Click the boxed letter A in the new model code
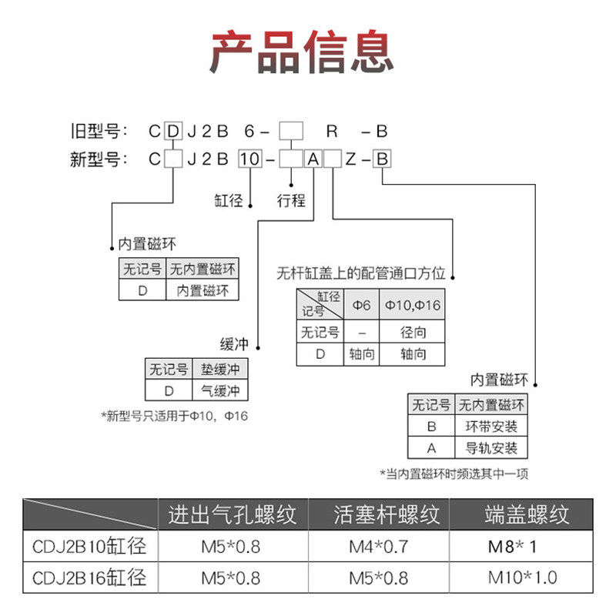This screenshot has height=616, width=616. click(x=313, y=159)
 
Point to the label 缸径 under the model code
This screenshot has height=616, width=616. click(x=229, y=201)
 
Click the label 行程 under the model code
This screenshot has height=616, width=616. click(x=291, y=201)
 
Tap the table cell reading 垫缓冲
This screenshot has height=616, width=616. click(x=220, y=369)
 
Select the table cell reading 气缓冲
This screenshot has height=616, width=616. click(x=220, y=390)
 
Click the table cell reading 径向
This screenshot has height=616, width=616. click(x=413, y=333)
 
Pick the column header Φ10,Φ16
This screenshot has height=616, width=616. click(x=413, y=305)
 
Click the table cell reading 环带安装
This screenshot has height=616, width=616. click(x=491, y=426)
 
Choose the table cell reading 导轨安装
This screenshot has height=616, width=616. click(x=491, y=447)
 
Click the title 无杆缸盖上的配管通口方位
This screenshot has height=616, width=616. click(x=362, y=273)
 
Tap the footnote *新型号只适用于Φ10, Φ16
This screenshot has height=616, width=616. click(x=175, y=416)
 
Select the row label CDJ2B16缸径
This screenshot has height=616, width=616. click(x=89, y=577)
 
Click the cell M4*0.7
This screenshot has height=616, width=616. click(x=377, y=547)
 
